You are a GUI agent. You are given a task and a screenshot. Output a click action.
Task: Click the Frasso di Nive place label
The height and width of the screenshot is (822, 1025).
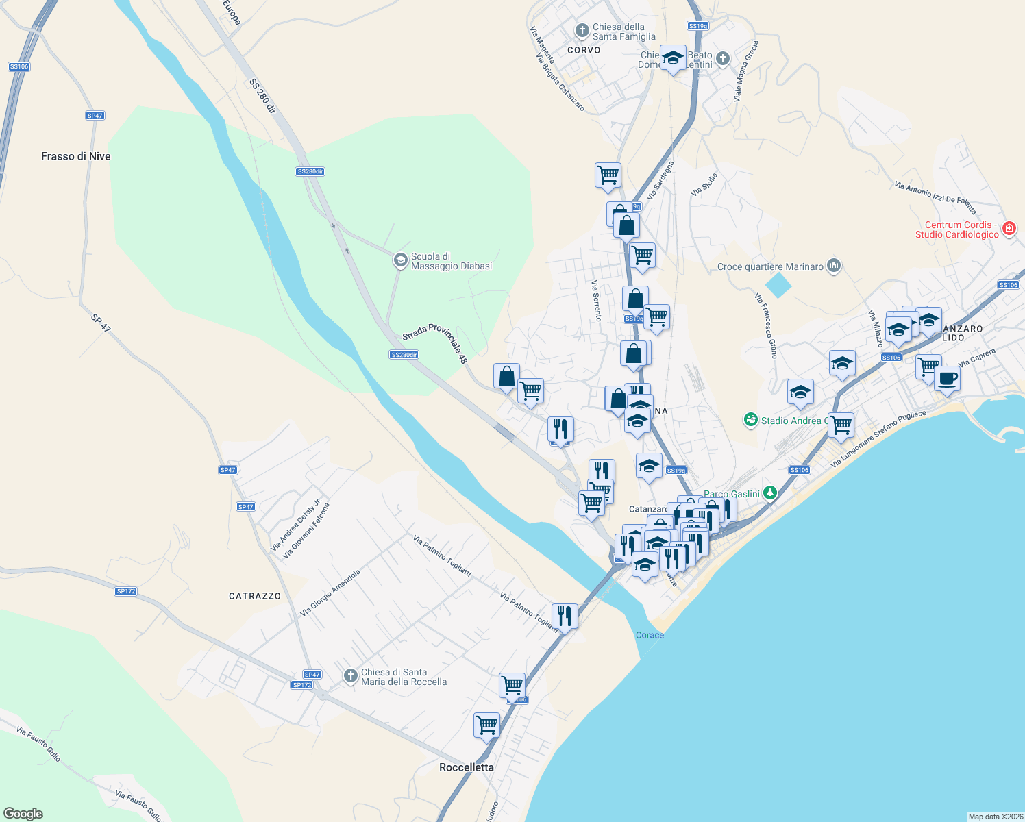coord(75,156)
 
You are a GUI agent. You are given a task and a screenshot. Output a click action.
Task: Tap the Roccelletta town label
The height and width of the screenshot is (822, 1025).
coord(467,767)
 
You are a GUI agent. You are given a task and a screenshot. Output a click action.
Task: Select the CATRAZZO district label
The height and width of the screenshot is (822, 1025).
coord(255,596)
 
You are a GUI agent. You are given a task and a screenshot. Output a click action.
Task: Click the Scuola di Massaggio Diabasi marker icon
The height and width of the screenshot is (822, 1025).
coord(400,260)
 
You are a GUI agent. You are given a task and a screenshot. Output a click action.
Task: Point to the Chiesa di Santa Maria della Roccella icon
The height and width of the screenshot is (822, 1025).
coord(351,677)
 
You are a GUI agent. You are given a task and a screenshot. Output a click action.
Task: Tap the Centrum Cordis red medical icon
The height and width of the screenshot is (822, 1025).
coord(1009,229)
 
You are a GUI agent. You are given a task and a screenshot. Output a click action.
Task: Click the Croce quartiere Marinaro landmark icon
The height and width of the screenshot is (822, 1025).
coord(834,266)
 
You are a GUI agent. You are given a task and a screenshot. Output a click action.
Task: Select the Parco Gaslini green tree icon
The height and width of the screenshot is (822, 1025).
coord(770,493)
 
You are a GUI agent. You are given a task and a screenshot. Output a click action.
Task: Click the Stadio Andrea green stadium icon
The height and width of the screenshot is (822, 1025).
coord(751,420)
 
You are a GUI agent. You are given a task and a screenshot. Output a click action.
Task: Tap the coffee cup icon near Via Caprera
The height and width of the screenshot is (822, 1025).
coord(947,377)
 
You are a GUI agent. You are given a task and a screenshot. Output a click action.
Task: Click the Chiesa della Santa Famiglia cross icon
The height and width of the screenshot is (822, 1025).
coord(582,30)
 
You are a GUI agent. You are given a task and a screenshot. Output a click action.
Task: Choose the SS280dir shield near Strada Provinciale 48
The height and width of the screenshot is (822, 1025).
coord(404,355)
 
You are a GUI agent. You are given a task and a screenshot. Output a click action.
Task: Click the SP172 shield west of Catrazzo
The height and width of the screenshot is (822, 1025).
coord(126,591)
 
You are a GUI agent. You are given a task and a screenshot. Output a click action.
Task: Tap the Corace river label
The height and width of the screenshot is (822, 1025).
coord(650,635)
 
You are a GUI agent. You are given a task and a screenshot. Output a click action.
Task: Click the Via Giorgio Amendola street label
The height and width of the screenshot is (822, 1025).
coord(330,593)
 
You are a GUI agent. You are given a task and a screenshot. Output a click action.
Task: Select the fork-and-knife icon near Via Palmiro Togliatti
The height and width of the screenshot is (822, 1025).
coord(564,616)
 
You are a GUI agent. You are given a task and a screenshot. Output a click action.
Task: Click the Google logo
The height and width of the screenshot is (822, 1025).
coord(23,814)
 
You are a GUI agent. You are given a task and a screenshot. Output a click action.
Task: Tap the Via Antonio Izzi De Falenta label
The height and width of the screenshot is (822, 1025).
coord(935,197)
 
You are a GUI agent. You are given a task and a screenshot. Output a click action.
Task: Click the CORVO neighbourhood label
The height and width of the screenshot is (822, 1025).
coord(584,50)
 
